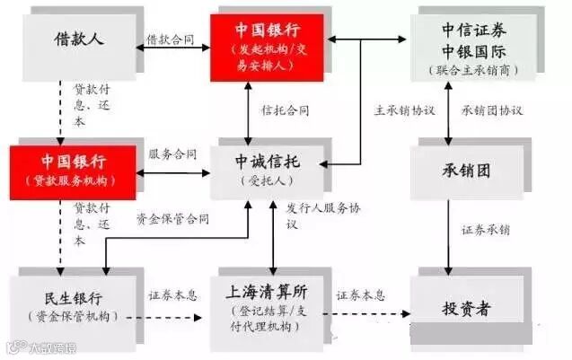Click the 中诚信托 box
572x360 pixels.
click(267, 169)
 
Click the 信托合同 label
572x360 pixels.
click(286, 110)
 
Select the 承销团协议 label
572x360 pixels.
click(492, 110)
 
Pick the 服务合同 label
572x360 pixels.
click(172, 154)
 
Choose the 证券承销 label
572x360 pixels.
click(486, 230)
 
